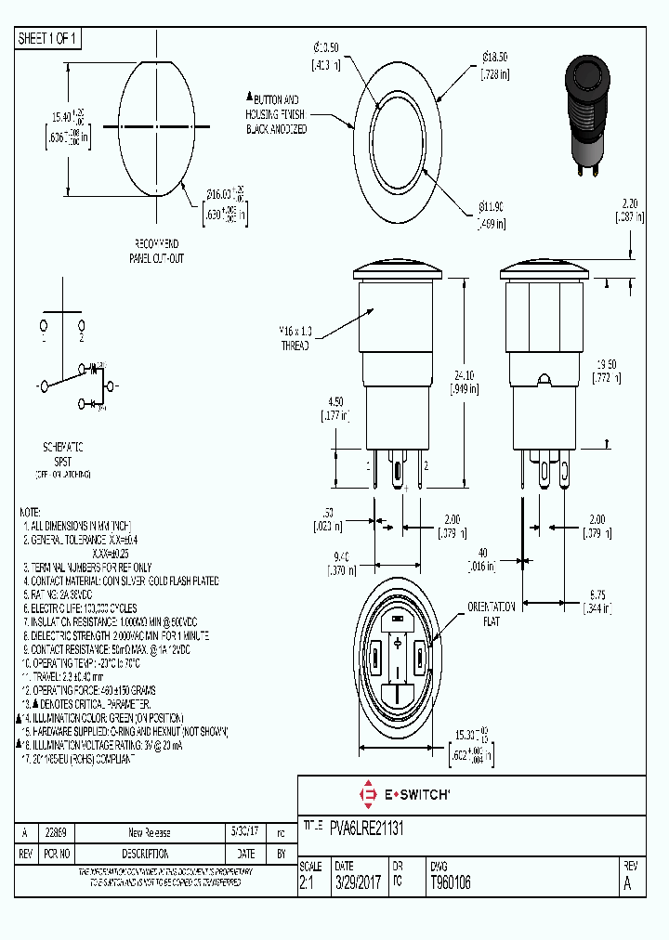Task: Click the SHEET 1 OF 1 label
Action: click(x=48, y=39)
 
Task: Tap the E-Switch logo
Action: click(x=404, y=794)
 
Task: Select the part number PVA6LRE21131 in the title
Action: click(x=367, y=826)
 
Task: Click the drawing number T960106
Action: click(x=451, y=883)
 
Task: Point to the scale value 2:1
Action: click(x=308, y=883)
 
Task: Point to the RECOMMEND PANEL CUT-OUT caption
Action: click(x=156, y=252)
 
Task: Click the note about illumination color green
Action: click(x=104, y=718)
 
